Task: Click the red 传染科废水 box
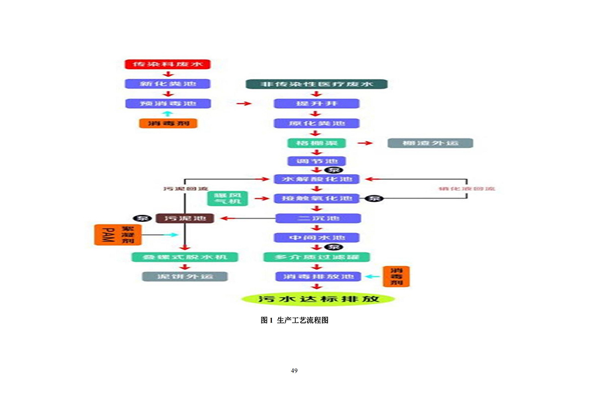[x=168, y=65]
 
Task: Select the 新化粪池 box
[x=168, y=84]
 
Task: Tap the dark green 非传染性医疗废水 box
[x=317, y=84]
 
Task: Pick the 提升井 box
[x=317, y=104]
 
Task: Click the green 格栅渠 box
[x=317, y=142]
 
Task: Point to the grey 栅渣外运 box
[x=430, y=142]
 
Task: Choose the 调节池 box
[x=317, y=161]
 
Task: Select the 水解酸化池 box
[x=317, y=179]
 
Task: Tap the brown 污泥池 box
[x=185, y=219]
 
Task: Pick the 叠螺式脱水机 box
[x=185, y=257]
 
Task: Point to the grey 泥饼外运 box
[x=185, y=276]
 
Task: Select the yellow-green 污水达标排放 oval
[x=317, y=299]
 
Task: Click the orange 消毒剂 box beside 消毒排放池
[x=396, y=276]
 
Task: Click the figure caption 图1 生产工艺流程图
[x=294, y=320]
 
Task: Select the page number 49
[x=294, y=371]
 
